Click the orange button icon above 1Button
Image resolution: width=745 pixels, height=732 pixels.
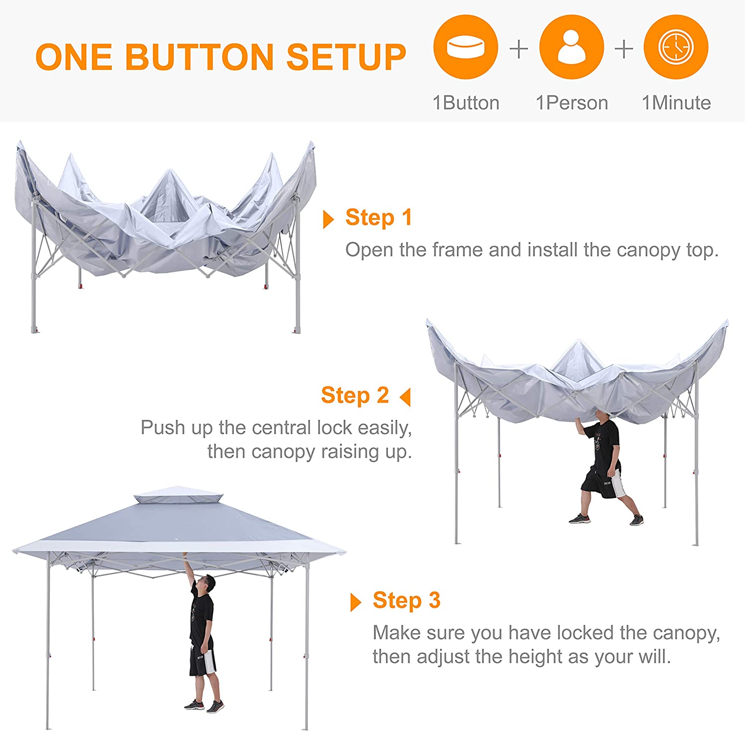click(465, 47)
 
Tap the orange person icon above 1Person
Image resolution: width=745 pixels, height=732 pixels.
click(571, 47)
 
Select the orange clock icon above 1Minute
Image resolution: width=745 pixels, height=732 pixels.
click(675, 47)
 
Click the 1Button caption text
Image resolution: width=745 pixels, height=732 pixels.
click(466, 103)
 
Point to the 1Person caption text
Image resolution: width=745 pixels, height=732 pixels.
click(572, 103)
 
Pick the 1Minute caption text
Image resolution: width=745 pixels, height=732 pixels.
click(676, 103)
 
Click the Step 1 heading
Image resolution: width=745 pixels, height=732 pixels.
click(378, 218)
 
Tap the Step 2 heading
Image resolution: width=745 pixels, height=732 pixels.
click(355, 396)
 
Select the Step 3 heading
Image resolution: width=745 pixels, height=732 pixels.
click(406, 600)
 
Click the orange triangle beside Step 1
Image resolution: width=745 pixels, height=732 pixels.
click(328, 219)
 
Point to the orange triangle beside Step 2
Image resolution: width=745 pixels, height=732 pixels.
click(405, 397)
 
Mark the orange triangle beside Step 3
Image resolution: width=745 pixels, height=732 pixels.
click(355, 602)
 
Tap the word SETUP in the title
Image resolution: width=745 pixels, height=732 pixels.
click(346, 57)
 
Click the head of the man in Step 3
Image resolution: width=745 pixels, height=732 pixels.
click(210, 583)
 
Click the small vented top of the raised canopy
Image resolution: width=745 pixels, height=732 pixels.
click(179, 495)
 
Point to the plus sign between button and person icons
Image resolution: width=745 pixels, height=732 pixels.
click(519, 49)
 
